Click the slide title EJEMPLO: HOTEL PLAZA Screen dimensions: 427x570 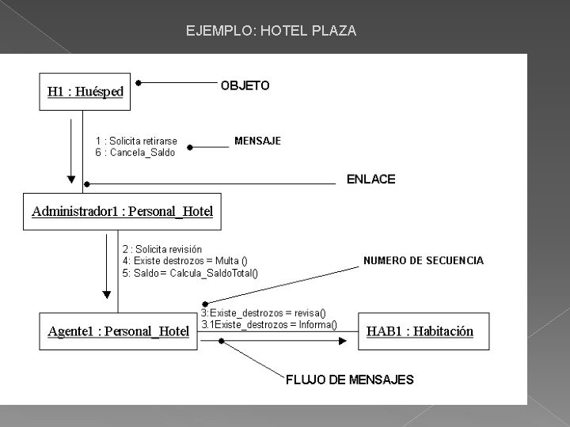271,32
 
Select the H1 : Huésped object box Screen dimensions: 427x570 85,92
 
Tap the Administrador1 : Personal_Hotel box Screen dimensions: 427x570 122,211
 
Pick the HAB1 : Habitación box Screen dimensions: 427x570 420,331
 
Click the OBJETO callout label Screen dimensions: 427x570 245,85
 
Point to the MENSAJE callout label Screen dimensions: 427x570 257,142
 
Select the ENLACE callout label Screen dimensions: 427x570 370,179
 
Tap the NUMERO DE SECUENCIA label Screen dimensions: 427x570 423,260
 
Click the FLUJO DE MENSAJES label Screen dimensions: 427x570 349,380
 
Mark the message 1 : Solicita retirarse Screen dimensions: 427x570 136,142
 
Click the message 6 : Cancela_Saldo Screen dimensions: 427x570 135,153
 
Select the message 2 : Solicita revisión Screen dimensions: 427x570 161,249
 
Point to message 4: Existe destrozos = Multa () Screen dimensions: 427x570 184,261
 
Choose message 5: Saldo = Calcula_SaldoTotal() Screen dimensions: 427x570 189,273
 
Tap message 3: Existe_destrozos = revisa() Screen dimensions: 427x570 263,313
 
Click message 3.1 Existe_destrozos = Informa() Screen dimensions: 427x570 268,324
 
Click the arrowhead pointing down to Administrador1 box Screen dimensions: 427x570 72,176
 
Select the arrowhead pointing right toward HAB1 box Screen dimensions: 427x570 342,341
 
